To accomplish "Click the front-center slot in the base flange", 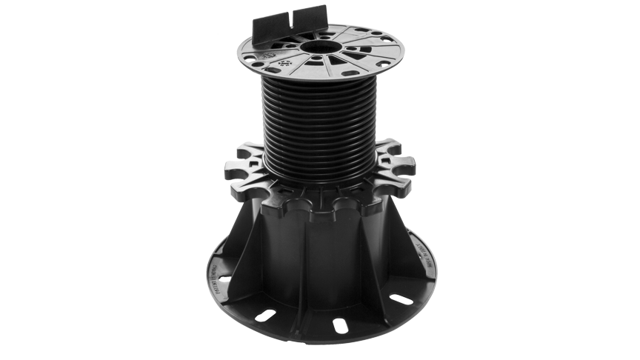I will [x=340, y=324].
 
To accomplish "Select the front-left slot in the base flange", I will [x=264, y=315].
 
